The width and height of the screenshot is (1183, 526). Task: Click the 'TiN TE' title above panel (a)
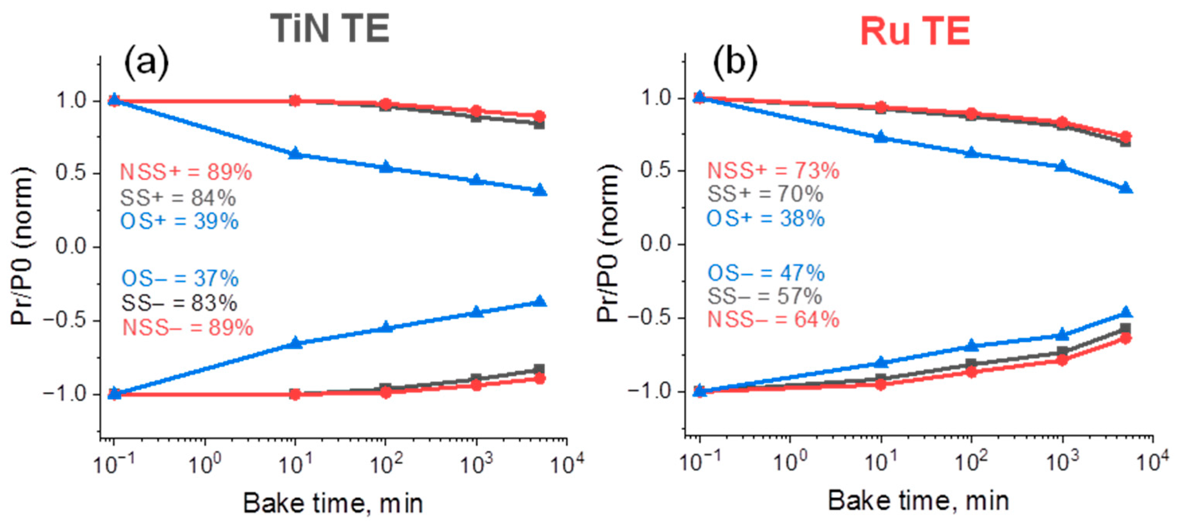(x=329, y=29)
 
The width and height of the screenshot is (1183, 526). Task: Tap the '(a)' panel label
(x=146, y=65)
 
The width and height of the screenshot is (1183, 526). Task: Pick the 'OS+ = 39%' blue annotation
(x=179, y=221)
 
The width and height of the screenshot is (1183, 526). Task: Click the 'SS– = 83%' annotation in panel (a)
(x=179, y=303)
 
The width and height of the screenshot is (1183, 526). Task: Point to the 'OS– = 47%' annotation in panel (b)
(x=765, y=274)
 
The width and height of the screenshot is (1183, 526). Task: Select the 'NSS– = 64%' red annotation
(x=773, y=320)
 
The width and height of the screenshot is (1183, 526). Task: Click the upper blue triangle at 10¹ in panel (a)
(x=296, y=153)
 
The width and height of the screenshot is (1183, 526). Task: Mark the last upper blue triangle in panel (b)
(x=1125, y=188)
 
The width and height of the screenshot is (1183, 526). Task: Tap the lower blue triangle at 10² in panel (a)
(x=386, y=327)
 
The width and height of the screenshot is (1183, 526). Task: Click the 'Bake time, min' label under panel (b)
(x=918, y=501)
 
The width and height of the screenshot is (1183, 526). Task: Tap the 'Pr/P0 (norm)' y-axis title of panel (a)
(x=22, y=247)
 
